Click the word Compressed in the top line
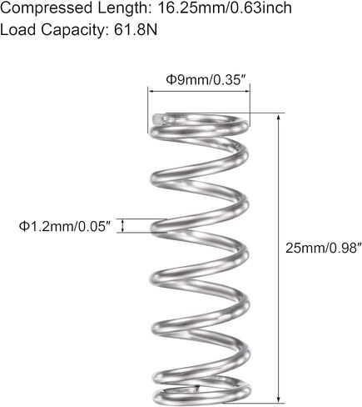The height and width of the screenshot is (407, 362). pos(46,8)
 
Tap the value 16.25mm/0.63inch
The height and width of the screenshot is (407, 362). pos(225,8)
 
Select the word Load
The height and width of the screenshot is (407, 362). pos(18,29)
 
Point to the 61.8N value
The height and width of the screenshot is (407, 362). pos(136,29)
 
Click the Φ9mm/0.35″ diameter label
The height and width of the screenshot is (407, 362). pos(206,80)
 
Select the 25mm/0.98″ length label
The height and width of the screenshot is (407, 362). pos(324,248)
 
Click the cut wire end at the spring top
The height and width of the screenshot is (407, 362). pos(159,119)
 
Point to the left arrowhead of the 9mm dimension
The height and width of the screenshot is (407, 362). pos(151,91)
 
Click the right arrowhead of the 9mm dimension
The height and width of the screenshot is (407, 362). pos(247,91)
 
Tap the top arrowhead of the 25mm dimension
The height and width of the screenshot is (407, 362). pos(279,117)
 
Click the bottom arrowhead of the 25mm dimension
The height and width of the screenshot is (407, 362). pos(279,399)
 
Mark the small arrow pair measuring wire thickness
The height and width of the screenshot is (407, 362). pos(122,226)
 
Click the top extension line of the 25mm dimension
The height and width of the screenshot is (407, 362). pos(226,113)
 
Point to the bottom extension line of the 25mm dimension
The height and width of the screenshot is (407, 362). pos(254,403)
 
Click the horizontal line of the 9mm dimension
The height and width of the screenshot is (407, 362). pos(199,91)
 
